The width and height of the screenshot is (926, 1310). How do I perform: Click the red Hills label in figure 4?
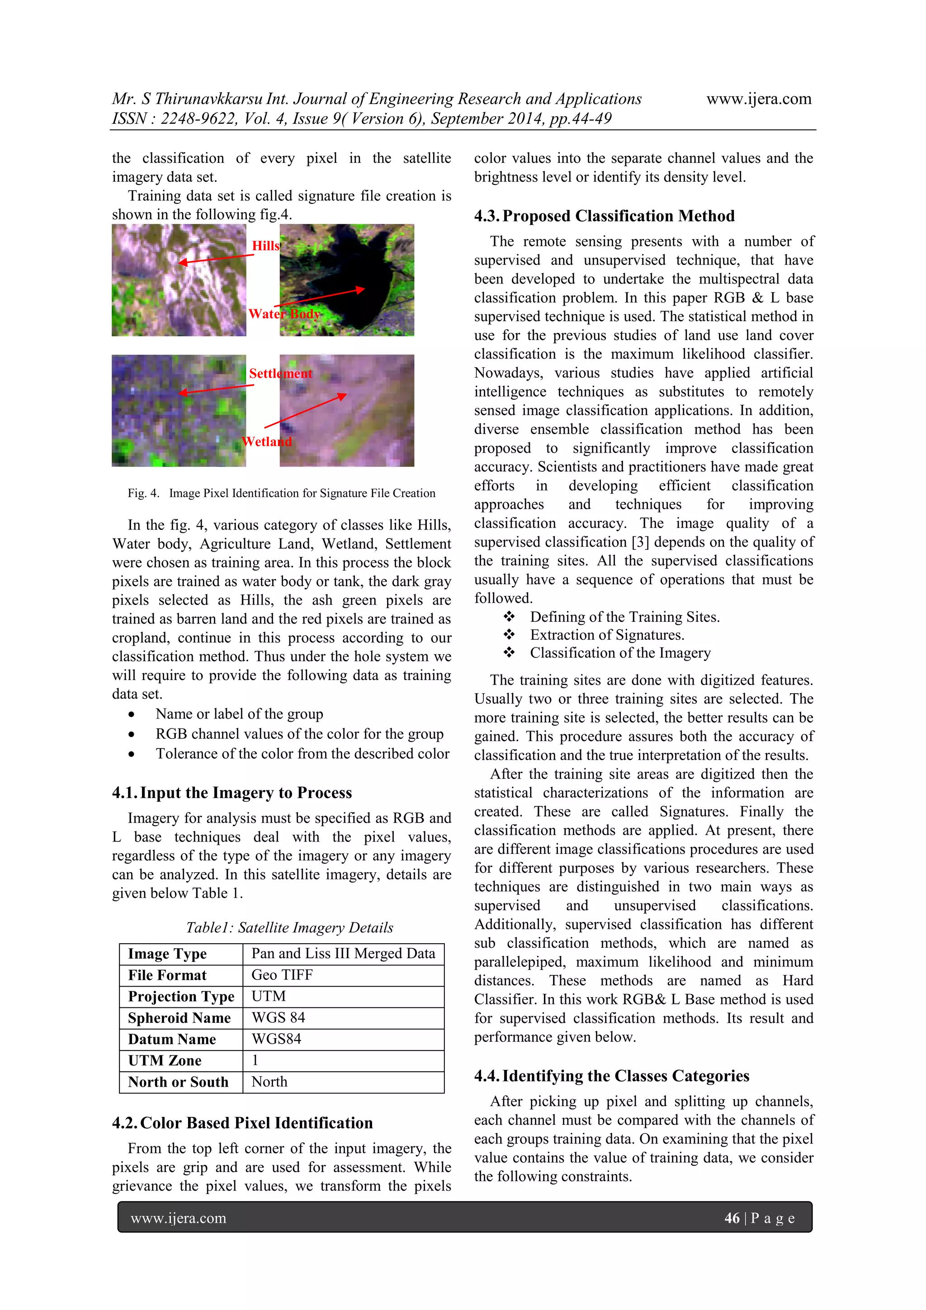click(x=266, y=246)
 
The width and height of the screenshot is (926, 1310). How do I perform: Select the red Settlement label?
click(x=280, y=374)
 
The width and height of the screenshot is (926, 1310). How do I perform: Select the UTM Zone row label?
click(x=165, y=1061)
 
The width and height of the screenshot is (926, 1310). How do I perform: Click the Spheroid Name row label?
click(x=179, y=1018)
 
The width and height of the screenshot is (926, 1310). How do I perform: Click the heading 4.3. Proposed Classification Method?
click(x=604, y=216)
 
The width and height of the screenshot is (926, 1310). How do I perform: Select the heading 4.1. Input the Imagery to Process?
click(x=231, y=793)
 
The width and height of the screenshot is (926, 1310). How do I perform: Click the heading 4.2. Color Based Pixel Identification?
click(x=242, y=1123)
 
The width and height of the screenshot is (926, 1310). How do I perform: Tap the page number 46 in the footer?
click(x=732, y=1218)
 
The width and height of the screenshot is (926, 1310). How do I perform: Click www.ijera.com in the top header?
click(x=758, y=99)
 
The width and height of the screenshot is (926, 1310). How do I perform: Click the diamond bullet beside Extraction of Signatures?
click(x=509, y=634)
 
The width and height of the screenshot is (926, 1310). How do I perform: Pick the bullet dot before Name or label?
click(x=132, y=715)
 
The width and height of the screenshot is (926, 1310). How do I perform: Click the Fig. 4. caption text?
click(x=281, y=493)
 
